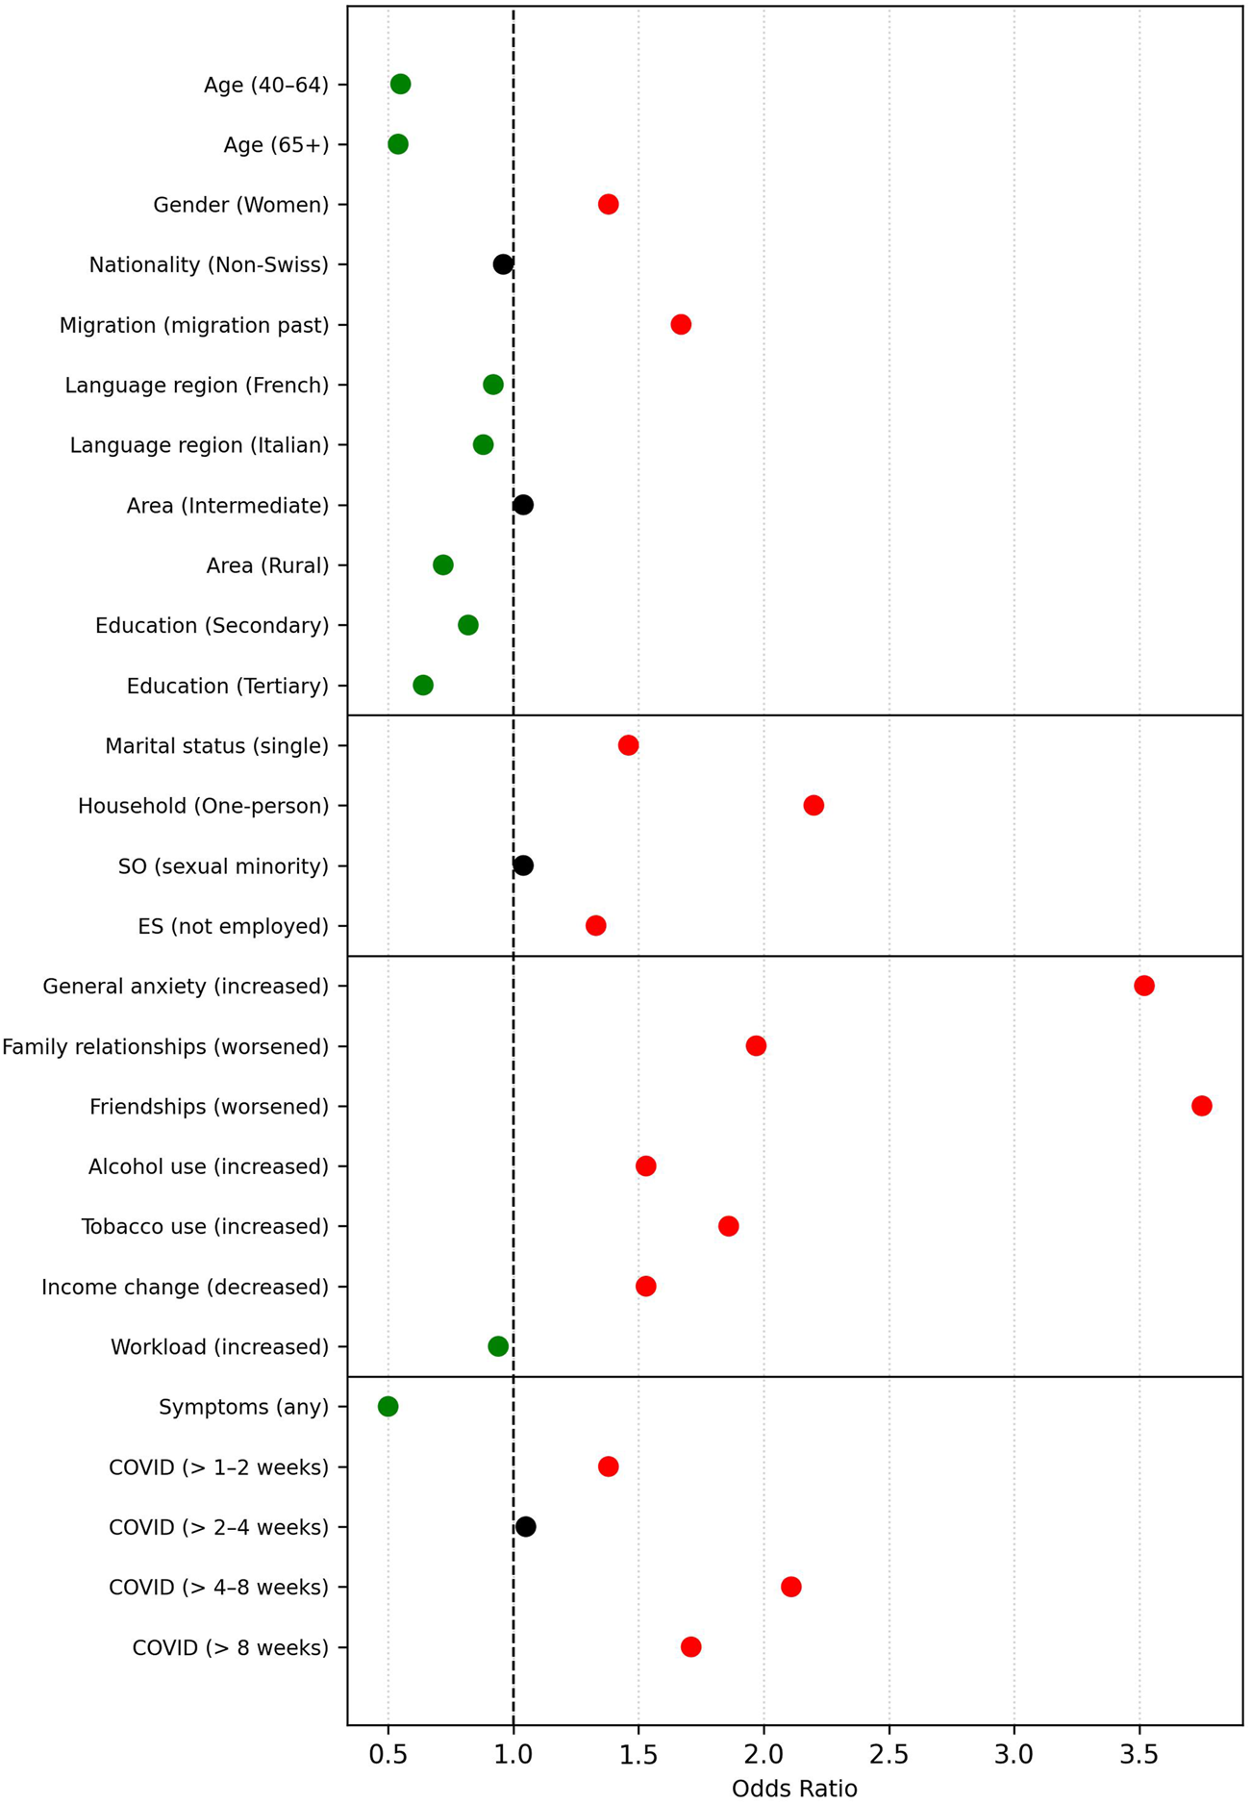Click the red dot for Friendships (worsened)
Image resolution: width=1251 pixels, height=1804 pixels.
pyautogui.click(x=1201, y=1106)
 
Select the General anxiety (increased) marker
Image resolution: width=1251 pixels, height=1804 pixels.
pyautogui.click(x=1143, y=986)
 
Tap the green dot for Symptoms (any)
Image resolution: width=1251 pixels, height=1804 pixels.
pyautogui.click(x=388, y=1407)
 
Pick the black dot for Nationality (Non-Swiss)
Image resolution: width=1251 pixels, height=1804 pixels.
pyautogui.click(x=503, y=264)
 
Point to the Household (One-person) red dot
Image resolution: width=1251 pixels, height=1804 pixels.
pyautogui.click(x=813, y=805)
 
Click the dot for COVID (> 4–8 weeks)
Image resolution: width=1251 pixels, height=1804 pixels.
pyautogui.click(x=790, y=1587)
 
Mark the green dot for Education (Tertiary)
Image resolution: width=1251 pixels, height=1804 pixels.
pyautogui.click(x=423, y=685)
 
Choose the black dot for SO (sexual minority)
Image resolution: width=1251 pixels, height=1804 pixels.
pyautogui.click(x=523, y=865)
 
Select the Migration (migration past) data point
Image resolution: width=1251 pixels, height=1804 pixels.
pyautogui.click(x=681, y=324)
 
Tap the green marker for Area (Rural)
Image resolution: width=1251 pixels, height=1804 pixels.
pyautogui.click(x=442, y=564)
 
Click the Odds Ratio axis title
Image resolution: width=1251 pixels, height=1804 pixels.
pyautogui.click(x=794, y=1788)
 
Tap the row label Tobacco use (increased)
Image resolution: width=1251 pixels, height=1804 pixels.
pyautogui.click(x=205, y=1227)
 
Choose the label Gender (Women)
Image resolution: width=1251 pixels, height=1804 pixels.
pyautogui.click(x=241, y=205)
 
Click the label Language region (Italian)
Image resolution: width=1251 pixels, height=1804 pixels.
pyautogui.click(x=199, y=445)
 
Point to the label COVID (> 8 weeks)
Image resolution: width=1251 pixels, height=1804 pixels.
pyautogui.click(x=230, y=1648)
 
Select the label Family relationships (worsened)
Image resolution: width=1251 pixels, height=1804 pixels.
pyautogui.click(x=165, y=1046)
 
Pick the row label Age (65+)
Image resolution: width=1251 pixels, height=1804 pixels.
pyautogui.click(x=276, y=145)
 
